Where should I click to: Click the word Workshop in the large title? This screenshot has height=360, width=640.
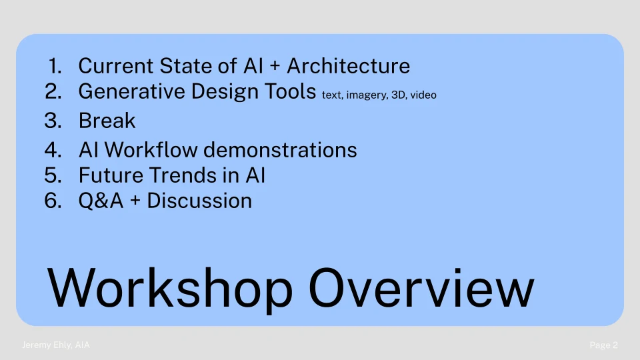170,289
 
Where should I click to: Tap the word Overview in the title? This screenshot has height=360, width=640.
421,288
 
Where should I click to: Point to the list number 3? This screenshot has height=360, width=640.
53,121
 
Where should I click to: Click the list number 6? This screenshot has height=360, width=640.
53,201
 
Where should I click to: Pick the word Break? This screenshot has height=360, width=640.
107,121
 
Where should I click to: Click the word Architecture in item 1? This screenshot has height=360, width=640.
348,66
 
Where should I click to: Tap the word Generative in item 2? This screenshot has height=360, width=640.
131,91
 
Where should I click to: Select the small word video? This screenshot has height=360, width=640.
423,95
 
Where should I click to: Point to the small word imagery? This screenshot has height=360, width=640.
367,95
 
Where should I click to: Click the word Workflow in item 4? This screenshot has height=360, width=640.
151,149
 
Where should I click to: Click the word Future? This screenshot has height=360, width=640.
111,175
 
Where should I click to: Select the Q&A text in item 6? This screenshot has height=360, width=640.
101,201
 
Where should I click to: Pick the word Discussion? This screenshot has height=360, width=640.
199,201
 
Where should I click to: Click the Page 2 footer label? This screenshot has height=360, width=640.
604,345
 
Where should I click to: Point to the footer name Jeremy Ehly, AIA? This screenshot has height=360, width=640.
55,345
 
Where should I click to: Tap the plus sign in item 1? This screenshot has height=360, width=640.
275,67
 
